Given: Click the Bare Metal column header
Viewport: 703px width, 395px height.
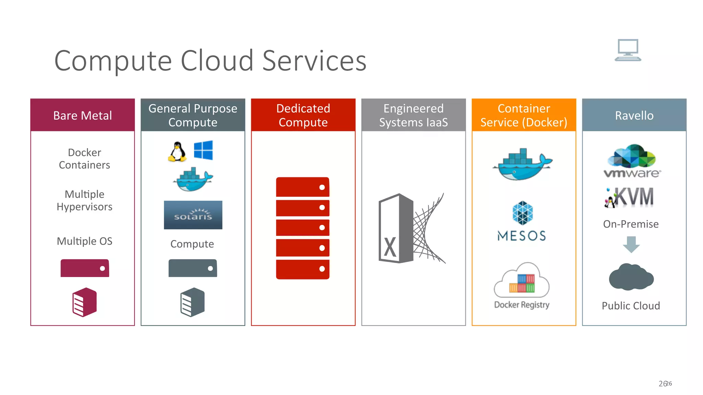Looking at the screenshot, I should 82,115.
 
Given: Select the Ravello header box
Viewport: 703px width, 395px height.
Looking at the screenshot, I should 634,115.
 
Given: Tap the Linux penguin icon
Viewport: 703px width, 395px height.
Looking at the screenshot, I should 177,152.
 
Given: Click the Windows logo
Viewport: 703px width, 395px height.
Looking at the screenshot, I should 203,150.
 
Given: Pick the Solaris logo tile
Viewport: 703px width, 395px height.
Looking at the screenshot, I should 193,215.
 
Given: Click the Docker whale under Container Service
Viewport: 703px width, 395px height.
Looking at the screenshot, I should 522,165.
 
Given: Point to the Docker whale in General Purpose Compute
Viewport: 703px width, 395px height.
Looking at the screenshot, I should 193,180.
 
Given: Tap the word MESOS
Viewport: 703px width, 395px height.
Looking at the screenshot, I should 521,236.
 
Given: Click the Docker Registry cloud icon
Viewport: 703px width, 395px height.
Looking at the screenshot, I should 521,280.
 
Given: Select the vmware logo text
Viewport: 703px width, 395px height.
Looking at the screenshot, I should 632,173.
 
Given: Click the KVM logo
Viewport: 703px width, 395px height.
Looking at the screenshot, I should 630,197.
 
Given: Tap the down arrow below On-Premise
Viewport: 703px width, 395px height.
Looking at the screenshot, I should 631,244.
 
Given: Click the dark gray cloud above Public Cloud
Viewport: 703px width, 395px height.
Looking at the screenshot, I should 631,277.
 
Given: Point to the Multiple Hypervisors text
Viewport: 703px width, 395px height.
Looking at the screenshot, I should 84,201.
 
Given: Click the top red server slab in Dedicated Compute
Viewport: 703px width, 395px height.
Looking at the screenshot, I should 302,187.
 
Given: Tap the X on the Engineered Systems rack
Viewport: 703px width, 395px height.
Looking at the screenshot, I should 390,247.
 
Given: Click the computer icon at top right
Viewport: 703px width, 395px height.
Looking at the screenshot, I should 628,50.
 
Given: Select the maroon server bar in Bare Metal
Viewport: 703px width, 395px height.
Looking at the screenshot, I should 85,268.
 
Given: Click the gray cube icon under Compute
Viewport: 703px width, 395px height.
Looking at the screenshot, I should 193,302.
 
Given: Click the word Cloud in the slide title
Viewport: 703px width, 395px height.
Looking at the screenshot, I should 217,61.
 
